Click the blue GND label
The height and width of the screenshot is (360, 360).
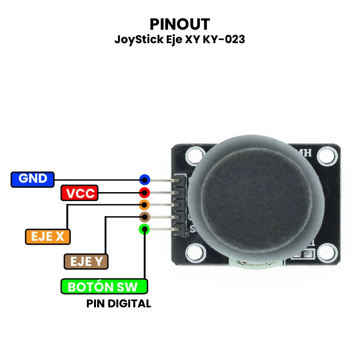coord(32,179)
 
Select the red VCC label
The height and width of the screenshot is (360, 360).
coord(80,193)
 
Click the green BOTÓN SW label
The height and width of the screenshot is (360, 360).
coord(104,287)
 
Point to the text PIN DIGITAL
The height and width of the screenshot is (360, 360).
coord(118,304)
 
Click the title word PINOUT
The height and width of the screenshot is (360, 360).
coord(180,23)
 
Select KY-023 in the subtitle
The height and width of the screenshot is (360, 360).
coord(224,40)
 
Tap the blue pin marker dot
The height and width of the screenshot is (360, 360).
coord(144,180)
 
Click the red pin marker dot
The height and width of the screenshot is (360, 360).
coord(144,193)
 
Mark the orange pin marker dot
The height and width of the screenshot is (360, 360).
coord(144,206)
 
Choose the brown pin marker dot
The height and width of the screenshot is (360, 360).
coord(144,217)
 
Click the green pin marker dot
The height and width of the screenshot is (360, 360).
coord(144,229)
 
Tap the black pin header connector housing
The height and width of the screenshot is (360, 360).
coord(180,205)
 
